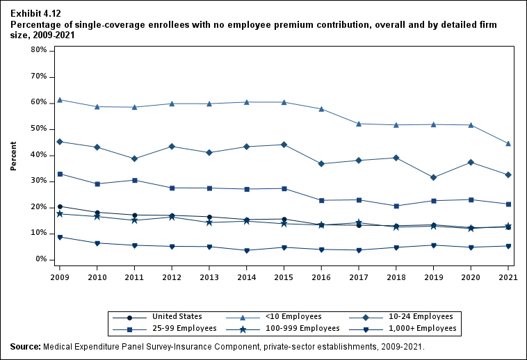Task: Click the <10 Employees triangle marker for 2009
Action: click(60, 99)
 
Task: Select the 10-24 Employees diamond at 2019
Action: click(434, 177)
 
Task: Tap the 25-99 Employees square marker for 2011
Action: click(134, 180)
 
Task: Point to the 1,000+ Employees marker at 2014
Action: click(246, 250)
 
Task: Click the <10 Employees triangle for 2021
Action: click(508, 143)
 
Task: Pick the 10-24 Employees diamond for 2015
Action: click(284, 145)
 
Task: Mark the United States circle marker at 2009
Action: click(60, 206)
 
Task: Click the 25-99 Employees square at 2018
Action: click(396, 206)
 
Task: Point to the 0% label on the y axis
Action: click(40, 259)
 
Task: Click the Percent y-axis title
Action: click(13, 156)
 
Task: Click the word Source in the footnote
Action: click(25, 346)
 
